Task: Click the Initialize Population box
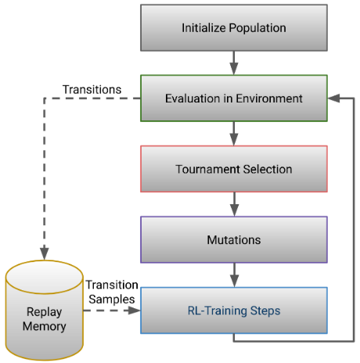click(x=234, y=27)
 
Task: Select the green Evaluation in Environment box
click(x=234, y=99)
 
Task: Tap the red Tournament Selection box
click(x=234, y=169)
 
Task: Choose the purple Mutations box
click(x=234, y=239)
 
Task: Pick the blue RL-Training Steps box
click(x=234, y=311)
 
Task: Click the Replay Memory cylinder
click(x=45, y=311)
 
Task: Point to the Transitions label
click(x=92, y=89)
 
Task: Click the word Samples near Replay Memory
click(x=112, y=299)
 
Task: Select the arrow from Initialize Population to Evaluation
click(x=234, y=63)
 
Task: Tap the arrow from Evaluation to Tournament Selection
click(x=234, y=134)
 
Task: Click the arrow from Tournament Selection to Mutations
click(x=234, y=204)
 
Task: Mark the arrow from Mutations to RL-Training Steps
click(x=234, y=275)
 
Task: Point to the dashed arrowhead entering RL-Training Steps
click(x=135, y=311)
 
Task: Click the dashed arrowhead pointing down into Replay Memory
click(x=45, y=253)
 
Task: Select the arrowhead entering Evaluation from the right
click(x=333, y=99)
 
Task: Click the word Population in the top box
click(x=257, y=28)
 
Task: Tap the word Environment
click(x=269, y=99)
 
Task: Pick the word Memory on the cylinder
click(x=45, y=326)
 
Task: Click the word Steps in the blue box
click(x=265, y=311)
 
